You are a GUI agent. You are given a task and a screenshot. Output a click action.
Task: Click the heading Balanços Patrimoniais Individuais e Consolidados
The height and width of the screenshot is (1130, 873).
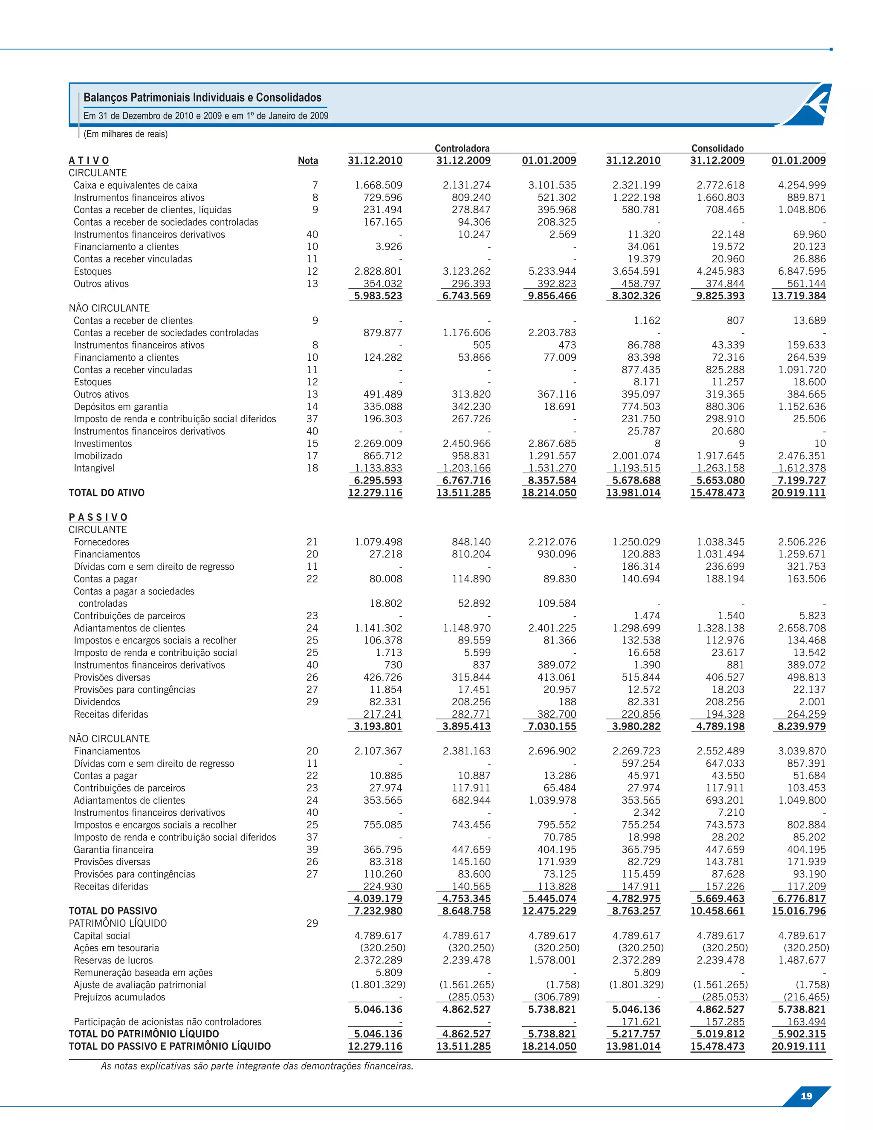(202, 97)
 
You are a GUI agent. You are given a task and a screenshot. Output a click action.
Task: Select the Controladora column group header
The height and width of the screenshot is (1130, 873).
(462, 148)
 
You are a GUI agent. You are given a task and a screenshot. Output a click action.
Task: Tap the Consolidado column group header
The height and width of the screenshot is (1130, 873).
(717, 148)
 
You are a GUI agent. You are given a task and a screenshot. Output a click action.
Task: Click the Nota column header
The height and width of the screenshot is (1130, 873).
(308, 160)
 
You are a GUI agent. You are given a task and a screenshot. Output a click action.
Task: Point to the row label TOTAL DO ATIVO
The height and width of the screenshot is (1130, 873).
(107, 493)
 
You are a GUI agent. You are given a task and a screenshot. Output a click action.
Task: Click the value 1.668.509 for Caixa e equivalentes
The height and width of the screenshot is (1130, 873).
(378, 185)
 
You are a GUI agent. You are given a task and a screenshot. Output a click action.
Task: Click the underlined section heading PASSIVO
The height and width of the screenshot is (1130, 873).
(98, 517)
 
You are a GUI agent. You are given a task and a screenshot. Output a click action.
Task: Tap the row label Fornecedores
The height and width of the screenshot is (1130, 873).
(101, 542)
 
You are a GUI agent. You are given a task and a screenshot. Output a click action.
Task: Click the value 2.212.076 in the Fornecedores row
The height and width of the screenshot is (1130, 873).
(552, 542)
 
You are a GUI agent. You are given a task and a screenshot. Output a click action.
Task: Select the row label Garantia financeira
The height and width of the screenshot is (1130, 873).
(113, 849)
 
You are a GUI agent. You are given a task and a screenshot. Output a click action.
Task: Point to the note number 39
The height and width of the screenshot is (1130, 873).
(312, 849)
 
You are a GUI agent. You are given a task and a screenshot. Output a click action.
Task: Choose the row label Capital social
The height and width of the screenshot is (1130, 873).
(102, 936)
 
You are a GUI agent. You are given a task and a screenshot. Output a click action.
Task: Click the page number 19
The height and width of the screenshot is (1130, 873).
(806, 1096)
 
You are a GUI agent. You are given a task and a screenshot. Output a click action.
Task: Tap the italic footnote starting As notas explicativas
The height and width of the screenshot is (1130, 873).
(257, 1066)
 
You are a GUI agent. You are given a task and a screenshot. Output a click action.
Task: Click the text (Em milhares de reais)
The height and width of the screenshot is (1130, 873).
(126, 134)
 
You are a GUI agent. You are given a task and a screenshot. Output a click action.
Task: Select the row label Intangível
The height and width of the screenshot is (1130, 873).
(94, 468)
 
